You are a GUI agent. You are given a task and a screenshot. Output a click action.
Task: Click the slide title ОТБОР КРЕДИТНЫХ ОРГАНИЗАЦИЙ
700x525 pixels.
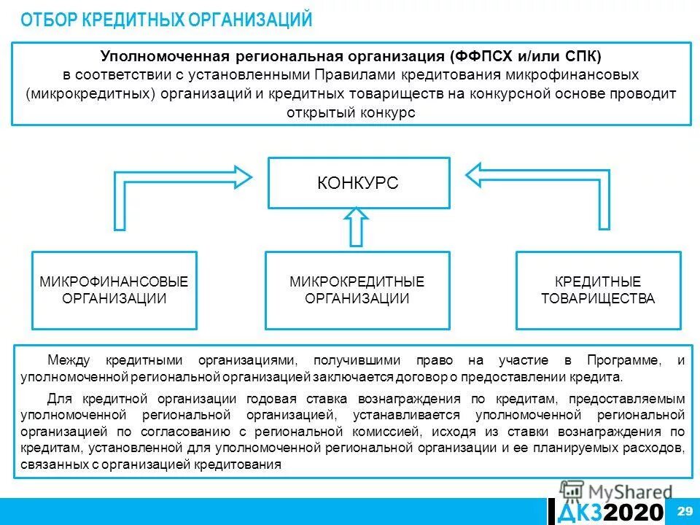click(166, 20)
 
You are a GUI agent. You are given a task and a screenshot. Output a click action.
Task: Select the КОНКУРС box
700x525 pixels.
click(357, 183)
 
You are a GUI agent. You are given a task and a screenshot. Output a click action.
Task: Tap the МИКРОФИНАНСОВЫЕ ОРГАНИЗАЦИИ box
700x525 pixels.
click(114, 289)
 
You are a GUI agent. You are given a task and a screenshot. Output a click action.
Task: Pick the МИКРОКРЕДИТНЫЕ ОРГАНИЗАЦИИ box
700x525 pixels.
click(357, 289)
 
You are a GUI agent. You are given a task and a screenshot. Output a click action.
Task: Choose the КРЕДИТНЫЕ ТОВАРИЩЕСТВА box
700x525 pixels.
click(598, 289)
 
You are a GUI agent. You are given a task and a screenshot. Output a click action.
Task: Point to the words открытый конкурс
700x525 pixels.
click(351, 113)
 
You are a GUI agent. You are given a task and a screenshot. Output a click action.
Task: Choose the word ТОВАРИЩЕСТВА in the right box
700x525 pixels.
click(598, 298)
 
